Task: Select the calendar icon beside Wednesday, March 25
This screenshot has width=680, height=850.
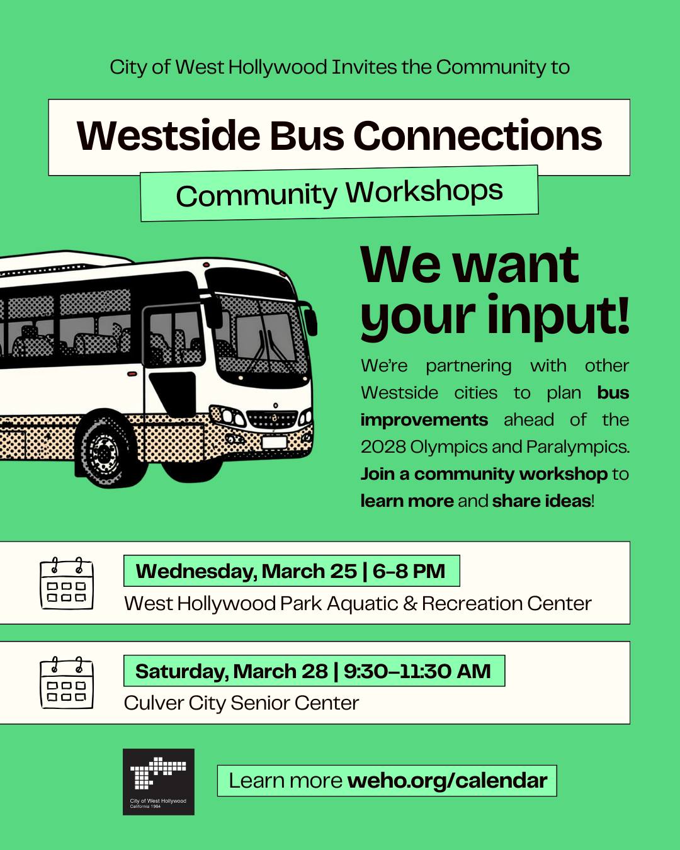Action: coord(67,583)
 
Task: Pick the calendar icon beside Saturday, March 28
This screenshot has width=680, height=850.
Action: coord(67,683)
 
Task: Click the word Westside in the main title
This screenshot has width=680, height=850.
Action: coord(168,135)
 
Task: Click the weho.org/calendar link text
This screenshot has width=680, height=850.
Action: coord(447,781)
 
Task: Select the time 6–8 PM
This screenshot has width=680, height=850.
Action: coord(409,571)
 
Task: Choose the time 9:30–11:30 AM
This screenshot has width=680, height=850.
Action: coord(417,671)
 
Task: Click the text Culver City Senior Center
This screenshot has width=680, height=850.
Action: coord(241,703)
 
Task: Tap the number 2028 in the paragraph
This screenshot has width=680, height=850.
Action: coord(383,447)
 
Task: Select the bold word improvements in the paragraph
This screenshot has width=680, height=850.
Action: coord(424,420)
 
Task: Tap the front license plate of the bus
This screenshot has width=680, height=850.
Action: coord(275,442)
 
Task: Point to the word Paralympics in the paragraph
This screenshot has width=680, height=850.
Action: coord(577,448)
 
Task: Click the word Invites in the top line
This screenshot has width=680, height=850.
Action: coord(364,67)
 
